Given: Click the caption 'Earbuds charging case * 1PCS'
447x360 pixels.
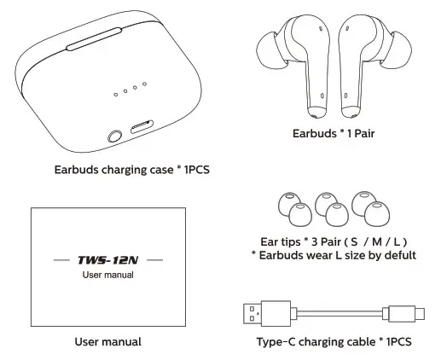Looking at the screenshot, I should tap(132, 169).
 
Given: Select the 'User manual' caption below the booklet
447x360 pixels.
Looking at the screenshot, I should tap(107, 342).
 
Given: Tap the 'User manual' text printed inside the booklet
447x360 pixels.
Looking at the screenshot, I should tap(107, 275).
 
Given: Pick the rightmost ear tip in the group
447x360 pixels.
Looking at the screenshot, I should tap(375, 213).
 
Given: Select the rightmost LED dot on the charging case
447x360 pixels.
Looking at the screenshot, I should tap(146, 84).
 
